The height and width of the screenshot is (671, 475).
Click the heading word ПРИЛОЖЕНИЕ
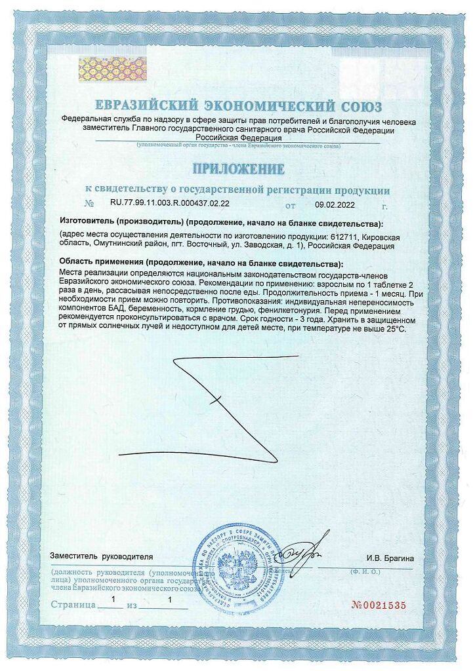(x=237, y=169)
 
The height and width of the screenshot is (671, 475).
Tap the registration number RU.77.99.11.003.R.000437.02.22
(x=165, y=204)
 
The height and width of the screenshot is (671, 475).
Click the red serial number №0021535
(x=379, y=604)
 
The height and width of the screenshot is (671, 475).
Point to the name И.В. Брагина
(x=390, y=558)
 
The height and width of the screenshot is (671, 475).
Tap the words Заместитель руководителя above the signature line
(x=101, y=556)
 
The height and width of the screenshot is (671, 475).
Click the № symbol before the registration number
(x=90, y=204)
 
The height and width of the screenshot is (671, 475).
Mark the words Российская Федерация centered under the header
(x=237, y=138)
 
